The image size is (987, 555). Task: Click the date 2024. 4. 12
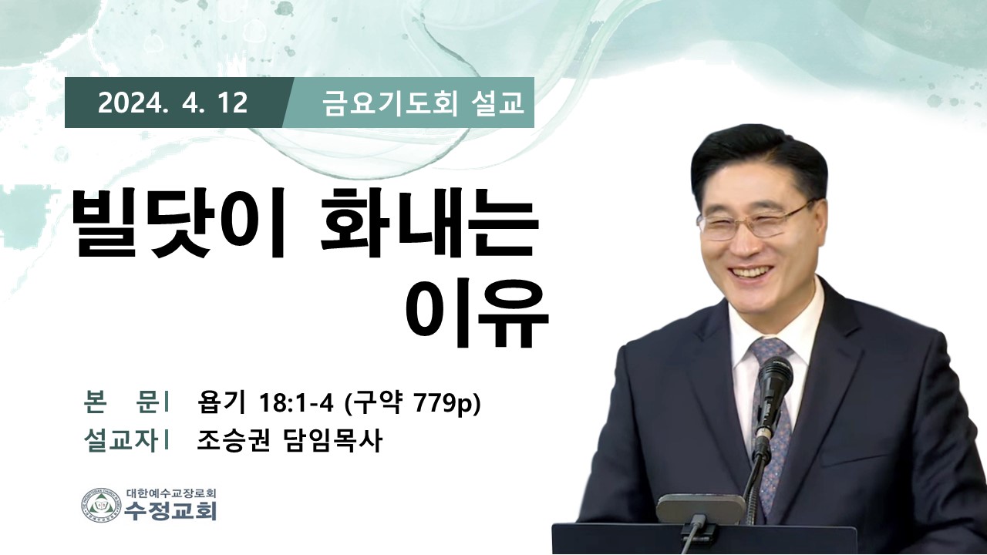173,103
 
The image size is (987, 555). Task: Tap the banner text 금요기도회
390,103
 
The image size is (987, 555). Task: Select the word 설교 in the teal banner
497,103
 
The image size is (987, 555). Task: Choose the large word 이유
477,311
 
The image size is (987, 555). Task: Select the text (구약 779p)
412,402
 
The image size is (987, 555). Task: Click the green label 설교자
120,439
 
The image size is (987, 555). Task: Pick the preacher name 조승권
233,439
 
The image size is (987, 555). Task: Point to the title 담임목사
331,439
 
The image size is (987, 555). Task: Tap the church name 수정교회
170,511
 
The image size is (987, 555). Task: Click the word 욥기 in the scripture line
221,402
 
